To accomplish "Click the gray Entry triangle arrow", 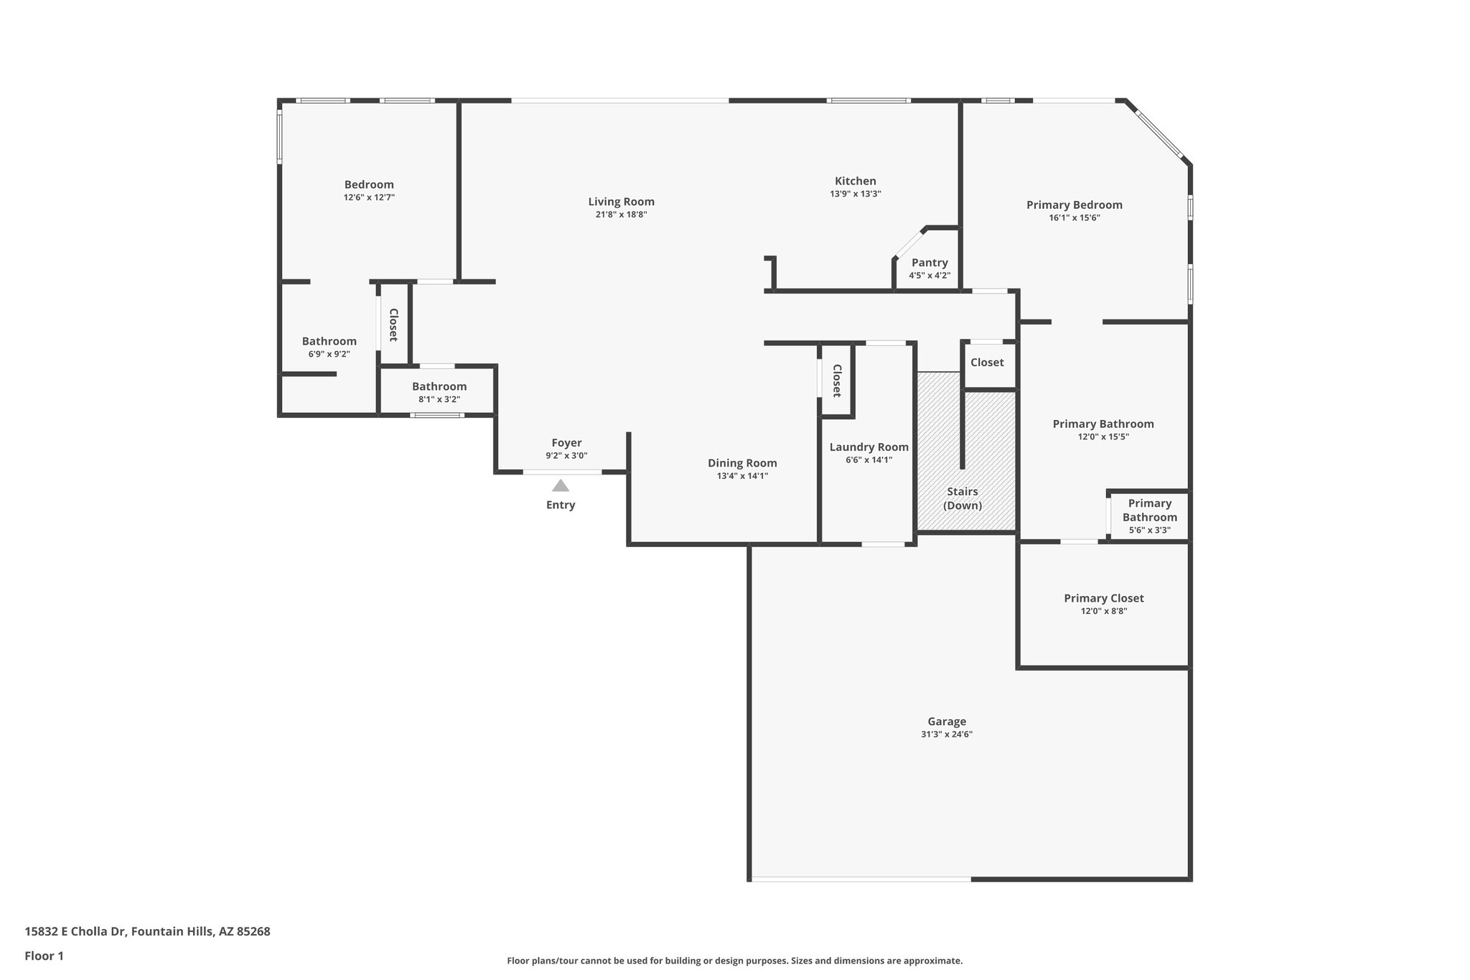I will pos(561,485).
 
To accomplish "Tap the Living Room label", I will pos(621,202).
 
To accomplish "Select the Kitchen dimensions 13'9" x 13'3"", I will pos(856,194).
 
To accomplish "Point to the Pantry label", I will pos(930,263).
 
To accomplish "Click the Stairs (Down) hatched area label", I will pos(962,498).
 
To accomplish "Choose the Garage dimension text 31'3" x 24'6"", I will pos(946,734).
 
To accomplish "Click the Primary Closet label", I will pos(1103,598).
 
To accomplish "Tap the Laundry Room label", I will pos(869,447).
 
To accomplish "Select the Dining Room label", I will pos(742,463).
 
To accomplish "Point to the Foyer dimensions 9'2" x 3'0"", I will pos(566,456).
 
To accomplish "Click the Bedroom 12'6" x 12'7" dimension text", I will pos(369,197).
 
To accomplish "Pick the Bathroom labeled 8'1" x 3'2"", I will pos(439,386).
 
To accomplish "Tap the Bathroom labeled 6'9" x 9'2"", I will pos(329,341).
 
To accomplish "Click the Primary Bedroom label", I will pos(1074,205).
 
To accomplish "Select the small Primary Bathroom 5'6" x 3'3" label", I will pos(1149,516).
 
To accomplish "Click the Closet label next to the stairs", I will pos(987,363).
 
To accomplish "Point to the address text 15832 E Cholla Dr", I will pos(147,931).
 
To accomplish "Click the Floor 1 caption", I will pos(44,956).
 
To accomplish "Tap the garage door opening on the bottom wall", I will pos(860,878).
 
